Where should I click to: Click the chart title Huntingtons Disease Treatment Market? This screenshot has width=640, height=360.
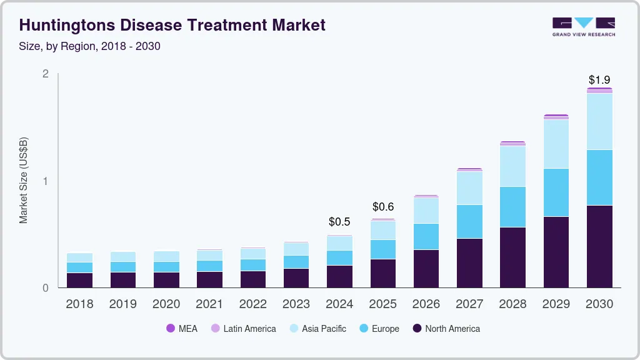[172, 26]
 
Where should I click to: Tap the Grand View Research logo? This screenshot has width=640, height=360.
[583, 26]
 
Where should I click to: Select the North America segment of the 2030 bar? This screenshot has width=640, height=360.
[599, 246]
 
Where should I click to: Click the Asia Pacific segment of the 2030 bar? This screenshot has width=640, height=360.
[599, 121]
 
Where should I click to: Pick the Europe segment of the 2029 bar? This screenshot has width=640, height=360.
[556, 192]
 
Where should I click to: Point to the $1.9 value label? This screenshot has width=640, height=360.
[599, 80]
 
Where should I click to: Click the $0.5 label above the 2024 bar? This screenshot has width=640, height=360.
[339, 222]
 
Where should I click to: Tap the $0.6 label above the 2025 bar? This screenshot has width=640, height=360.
[383, 206]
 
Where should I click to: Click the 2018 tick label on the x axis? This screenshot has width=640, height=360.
[79, 304]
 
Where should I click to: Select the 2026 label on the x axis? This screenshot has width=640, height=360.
[426, 304]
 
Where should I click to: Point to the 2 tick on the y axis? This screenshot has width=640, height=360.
[45, 74]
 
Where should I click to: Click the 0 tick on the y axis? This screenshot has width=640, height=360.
[45, 288]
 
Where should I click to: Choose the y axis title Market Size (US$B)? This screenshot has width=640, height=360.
[24, 181]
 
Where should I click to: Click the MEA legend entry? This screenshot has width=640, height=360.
[182, 329]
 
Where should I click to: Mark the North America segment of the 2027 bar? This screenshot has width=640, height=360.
[469, 263]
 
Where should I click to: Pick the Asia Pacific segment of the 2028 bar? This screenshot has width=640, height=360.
[512, 166]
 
